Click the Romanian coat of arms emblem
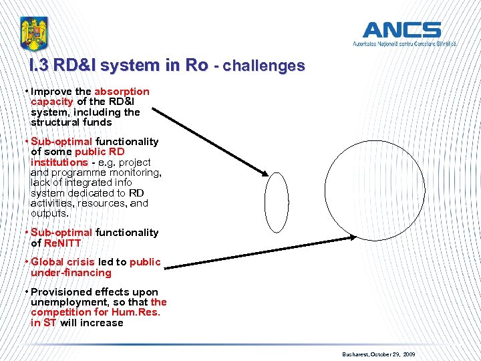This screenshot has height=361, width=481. tap(34, 33)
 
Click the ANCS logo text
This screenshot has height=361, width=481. tap(402, 30)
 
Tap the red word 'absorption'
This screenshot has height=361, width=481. tap(122, 92)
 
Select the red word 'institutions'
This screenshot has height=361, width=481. tap(59, 162)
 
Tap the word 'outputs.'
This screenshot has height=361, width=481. tap(49, 213)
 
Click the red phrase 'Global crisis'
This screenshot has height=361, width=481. tap(63, 262)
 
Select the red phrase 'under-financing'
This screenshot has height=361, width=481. tap(71, 273)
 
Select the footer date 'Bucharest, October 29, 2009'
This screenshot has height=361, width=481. tap(378, 353)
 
